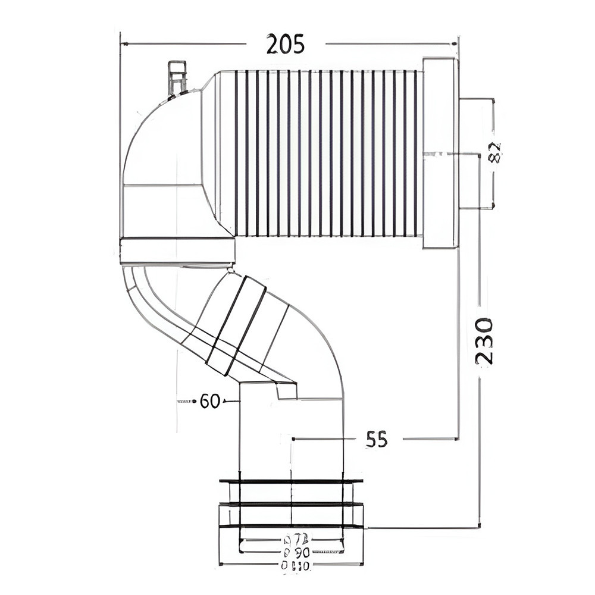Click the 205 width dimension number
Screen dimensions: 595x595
[286, 44]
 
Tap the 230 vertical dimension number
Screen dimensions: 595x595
[484, 341]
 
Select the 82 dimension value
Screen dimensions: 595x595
[494, 153]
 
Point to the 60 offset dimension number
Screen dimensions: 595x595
[210, 401]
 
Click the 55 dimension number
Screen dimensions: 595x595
[377, 440]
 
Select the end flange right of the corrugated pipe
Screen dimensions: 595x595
[440, 153]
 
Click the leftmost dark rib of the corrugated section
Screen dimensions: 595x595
[236, 153]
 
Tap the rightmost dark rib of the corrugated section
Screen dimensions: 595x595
[415, 153]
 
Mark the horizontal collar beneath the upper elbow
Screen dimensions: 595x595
[177, 250]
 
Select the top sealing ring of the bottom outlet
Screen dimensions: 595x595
[291, 481]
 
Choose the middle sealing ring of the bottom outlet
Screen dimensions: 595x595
[291, 504]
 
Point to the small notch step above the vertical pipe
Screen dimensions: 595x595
[287, 391]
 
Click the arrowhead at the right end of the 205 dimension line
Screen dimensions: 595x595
[453, 43]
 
